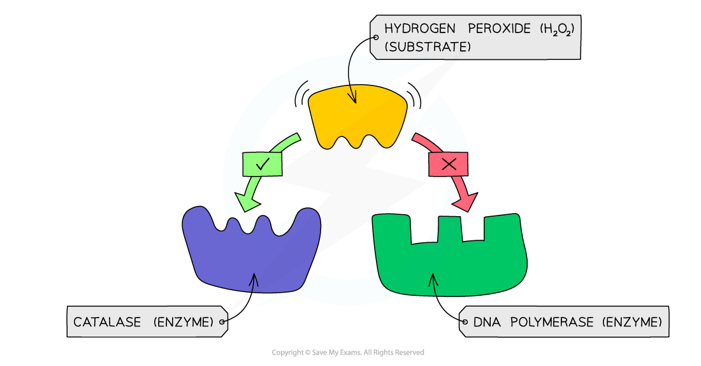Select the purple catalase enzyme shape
[x=251, y=250]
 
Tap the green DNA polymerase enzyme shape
[x=449, y=255]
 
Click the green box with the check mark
[x=263, y=165]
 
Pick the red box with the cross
[x=449, y=165]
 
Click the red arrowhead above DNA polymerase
[x=465, y=202]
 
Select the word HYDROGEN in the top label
[x=420, y=29]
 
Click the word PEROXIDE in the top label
[x=500, y=29]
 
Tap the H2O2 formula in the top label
[x=557, y=29]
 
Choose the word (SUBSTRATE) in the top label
[x=428, y=47]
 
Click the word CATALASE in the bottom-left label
[x=107, y=322]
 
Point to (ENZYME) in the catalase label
[x=184, y=322]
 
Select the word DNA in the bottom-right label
[x=487, y=322]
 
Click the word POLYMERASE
[x=552, y=322]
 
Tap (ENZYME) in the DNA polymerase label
[x=632, y=322]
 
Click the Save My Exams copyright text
[x=348, y=353]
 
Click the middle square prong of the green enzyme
[x=450, y=229]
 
